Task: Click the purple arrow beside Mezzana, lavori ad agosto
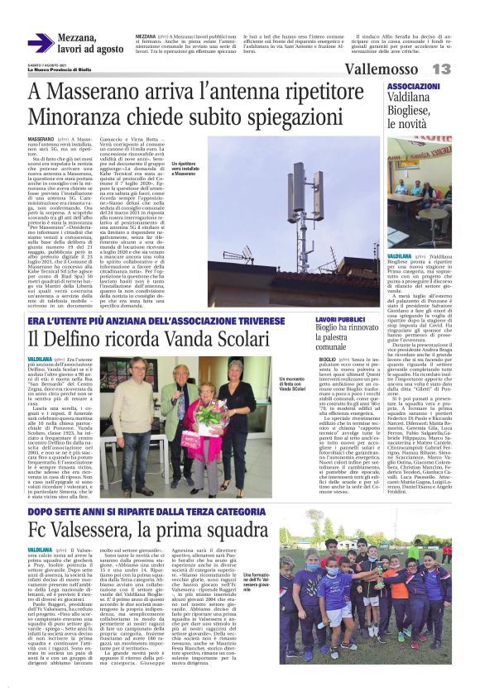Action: click(41, 43)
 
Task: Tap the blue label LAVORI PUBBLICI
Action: click(338, 319)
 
